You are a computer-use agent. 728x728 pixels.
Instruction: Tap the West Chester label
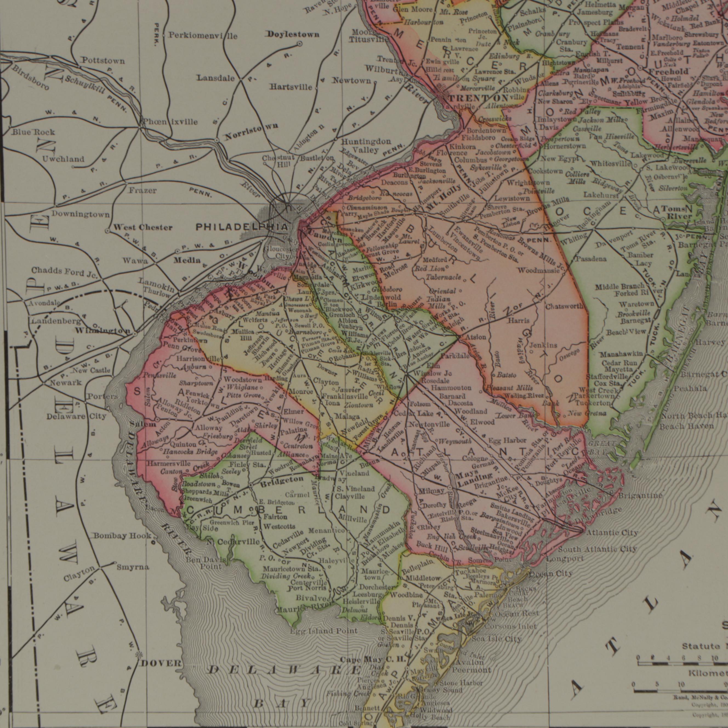(143, 228)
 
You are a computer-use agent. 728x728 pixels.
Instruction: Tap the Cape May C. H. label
(373, 660)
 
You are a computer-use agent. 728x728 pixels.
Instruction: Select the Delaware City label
(76, 416)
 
